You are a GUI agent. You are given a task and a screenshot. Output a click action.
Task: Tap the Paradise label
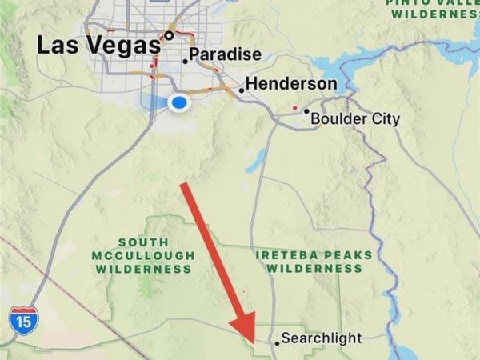coord(226,54)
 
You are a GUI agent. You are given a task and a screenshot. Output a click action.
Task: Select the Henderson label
coord(291,83)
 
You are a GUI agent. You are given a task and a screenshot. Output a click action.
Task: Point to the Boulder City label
coord(355,119)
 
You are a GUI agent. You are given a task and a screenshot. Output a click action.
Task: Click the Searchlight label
coord(322,338)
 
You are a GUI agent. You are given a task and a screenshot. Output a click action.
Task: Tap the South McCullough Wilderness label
coord(144,255)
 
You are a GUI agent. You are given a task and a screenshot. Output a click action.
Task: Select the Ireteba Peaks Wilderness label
coord(314,262)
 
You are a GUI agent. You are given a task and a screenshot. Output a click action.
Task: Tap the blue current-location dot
coord(180,102)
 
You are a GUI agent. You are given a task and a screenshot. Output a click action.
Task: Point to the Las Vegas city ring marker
coord(169,35)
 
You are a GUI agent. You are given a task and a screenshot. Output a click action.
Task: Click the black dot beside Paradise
coord(186,60)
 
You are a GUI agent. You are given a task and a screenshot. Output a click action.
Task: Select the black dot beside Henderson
coord(241,90)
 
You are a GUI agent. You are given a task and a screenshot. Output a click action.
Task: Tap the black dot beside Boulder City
coord(306,113)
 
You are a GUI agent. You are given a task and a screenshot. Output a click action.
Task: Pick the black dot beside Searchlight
coord(278,342)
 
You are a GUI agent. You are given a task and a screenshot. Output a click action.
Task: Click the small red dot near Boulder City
coord(295,106)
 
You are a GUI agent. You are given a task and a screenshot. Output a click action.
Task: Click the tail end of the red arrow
coord(185,186)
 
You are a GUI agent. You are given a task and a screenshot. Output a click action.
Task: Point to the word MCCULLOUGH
coord(144,255)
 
